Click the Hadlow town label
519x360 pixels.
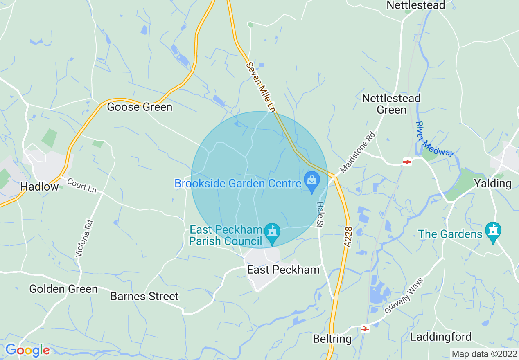39,187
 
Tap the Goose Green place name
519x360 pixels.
140,107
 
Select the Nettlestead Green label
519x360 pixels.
391,104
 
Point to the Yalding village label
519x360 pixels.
493,183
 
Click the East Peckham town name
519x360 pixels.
283,270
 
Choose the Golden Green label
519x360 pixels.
63,289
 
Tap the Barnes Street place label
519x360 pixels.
144,296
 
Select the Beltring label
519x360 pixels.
332,339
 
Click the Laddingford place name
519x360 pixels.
441,337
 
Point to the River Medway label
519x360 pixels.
435,139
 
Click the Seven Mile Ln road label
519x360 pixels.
260,87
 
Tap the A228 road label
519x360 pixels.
348,237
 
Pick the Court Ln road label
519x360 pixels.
81,186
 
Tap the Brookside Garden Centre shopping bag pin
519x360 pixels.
312,180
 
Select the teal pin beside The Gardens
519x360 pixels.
493,231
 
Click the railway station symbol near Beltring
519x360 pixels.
365,328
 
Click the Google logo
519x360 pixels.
27,350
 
